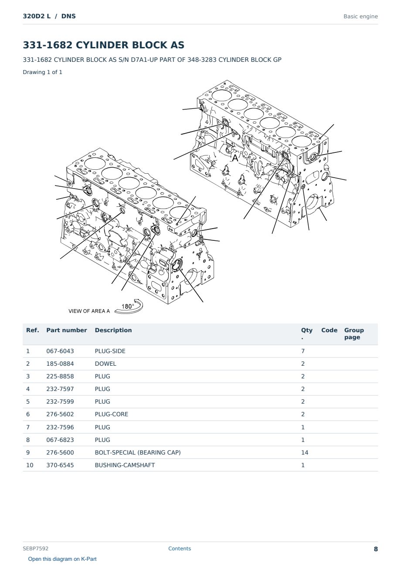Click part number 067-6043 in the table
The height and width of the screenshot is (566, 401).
tap(60, 351)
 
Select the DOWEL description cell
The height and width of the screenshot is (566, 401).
tap(105, 364)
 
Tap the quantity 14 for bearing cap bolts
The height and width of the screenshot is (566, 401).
tap(305, 452)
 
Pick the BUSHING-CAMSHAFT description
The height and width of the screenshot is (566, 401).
tap(125, 465)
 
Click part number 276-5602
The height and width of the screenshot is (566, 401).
tap(60, 414)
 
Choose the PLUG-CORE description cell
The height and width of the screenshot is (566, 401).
tap(111, 414)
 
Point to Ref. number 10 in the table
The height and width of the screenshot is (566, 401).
tap(30, 465)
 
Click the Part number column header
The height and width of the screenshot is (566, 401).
tap(67, 330)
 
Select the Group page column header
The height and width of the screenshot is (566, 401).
tap(354, 334)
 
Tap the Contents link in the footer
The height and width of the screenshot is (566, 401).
tap(180, 549)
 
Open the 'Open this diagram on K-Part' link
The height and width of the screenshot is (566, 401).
tap(62, 559)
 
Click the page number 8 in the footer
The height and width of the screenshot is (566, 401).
tap(376, 549)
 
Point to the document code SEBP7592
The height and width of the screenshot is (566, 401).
tap(35, 549)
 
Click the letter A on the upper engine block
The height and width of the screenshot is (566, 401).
tap(235, 158)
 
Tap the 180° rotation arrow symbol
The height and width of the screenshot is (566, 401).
tap(129, 307)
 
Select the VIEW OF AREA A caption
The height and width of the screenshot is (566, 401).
tap(89, 311)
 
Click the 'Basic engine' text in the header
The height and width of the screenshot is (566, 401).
tap(360, 17)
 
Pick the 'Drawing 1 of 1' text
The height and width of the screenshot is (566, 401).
tap(43, 72)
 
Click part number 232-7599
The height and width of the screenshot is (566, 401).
tap(60, 401)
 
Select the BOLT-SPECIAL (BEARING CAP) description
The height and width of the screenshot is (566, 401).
tap(138, 452)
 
